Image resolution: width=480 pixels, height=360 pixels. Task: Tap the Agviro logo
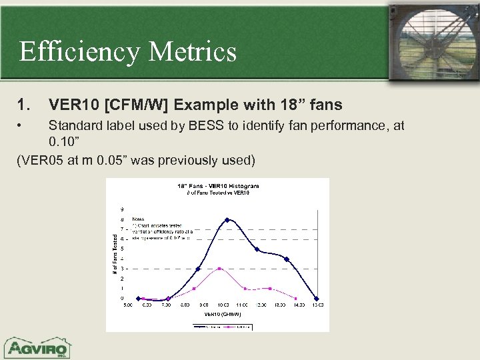tap(39, 347)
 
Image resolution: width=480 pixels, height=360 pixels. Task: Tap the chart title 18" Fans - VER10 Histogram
tap(217, 186)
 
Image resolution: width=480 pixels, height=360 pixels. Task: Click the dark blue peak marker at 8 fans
tap(227, 219)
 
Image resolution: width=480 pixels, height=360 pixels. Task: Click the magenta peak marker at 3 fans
tap(220, 269)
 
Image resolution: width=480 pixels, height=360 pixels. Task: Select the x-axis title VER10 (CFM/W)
tap(222, 313)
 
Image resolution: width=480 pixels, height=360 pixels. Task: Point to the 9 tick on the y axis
tap(122, 209)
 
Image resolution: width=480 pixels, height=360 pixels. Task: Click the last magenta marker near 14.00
tap(295, 297)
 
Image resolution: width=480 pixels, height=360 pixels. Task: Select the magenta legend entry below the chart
tap(237, 326)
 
